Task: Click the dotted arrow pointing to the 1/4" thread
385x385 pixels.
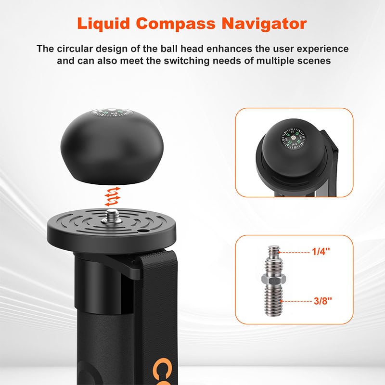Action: click(x=295, y=252)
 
